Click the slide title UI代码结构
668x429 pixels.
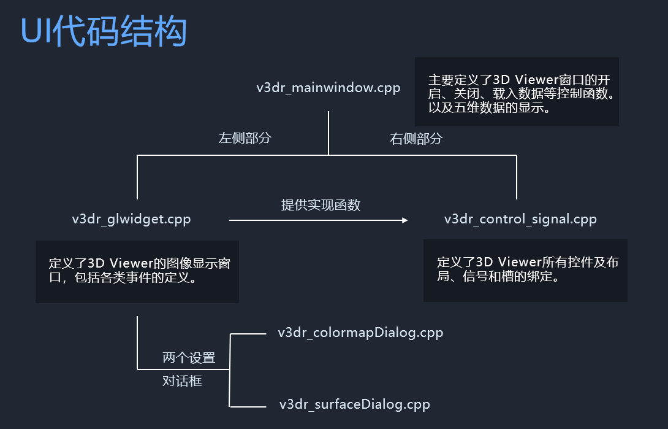pyautogui.click(x=104, y=31)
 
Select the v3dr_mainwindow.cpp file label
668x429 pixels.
pyautogui.click(x=328, y=87)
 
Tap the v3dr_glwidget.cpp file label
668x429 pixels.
pyautogui.click(x=131, y=219)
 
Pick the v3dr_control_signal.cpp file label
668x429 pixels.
pyautogui.click(x=520, y=219)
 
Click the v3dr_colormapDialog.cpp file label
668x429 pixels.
pyautogui.click(x=360, y=333)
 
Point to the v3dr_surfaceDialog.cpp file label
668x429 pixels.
pyautogui.click(x=354, y=404)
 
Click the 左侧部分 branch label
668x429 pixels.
pyautogui.click(x=245, y=138)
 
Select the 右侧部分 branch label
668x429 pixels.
pyautogui.click(x=416, y=139)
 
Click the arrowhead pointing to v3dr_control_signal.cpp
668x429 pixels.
pyautogui.click(x=404, y=220)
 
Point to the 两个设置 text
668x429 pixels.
pyautogui.click(x=189, y=358)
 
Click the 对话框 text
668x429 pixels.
pyautogui.click(x=182, y=381)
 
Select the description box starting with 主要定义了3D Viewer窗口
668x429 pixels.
pyautogui.click(x=517, y=92)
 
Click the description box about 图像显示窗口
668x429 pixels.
pyautogui.click(x=137, y=271)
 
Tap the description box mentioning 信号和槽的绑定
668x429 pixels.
pyautogui.click(x=525, y=270)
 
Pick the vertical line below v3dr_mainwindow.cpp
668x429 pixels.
pyautogui.click(x=328, y=132)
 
